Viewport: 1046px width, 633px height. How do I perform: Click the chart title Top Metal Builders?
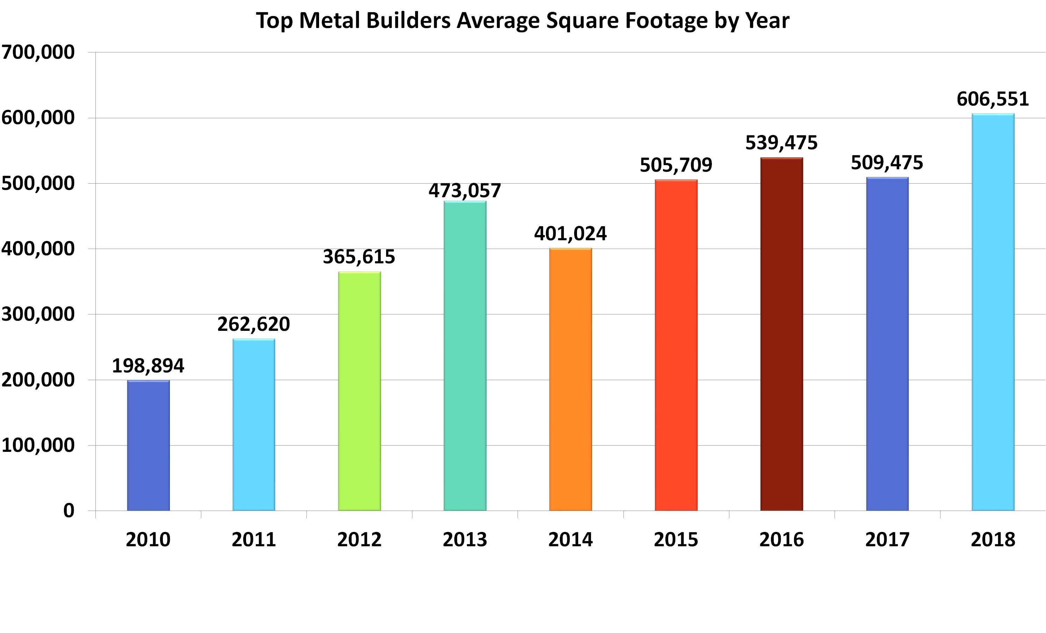point(522,20)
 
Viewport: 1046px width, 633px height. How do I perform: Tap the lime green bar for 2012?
point(359,391)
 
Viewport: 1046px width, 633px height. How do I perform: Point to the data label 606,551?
point(993,99)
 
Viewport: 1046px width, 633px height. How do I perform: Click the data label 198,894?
point(148,366)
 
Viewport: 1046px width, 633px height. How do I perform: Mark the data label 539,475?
point(781,143)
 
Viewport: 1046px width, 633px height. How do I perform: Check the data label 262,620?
point(253,324)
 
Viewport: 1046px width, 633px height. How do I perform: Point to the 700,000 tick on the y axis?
point(38,52)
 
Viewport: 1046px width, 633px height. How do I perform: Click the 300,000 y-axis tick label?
point(38,314)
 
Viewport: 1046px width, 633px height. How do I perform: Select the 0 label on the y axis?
point(69,510)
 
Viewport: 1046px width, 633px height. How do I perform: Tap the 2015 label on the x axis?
point(676,540)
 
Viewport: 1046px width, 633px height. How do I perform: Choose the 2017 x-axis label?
point(887,540)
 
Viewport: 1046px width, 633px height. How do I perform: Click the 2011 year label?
point(253,540)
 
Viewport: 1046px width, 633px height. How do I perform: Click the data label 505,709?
point(676,165)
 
